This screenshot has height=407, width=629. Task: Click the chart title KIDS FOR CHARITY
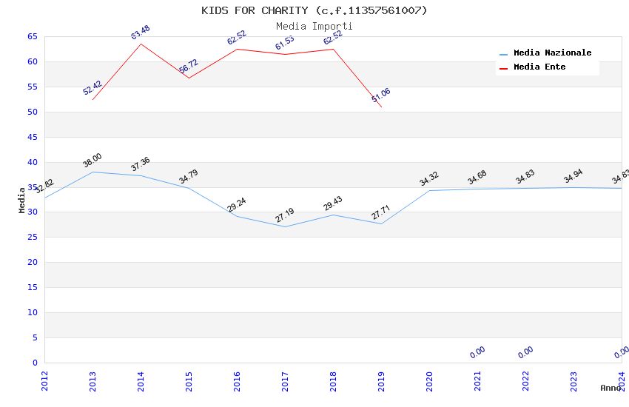[x=314, y=10]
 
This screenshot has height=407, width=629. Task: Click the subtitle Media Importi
[x=314, y=26]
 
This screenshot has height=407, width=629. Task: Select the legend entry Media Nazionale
[x=552, y=53]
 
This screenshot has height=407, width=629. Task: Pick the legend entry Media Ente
[x=539, y=67]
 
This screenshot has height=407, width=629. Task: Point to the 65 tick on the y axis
[x=32, y=36]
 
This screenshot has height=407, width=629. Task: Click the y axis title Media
[x=22, y=200]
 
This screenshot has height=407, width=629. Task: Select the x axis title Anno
[x=610, y=388]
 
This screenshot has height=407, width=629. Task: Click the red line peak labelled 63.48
[x=141, y=44]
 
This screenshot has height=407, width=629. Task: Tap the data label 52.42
[x=92, y=88]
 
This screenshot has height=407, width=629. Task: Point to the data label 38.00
[x=92, y=161]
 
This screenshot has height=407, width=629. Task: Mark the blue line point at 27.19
[x=285, y=226]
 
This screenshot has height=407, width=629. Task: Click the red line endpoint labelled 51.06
[x=381, y=107]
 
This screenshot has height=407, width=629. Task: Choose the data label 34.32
[x=429, y=179]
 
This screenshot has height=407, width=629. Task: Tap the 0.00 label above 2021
[x=477, y=352]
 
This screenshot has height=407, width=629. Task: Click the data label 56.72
[x=189, y=67]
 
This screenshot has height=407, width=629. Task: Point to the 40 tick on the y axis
[x=32, y=162]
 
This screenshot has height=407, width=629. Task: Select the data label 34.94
[x=573, y=176]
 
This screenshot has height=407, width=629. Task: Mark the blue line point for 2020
[x=429, y=190]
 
